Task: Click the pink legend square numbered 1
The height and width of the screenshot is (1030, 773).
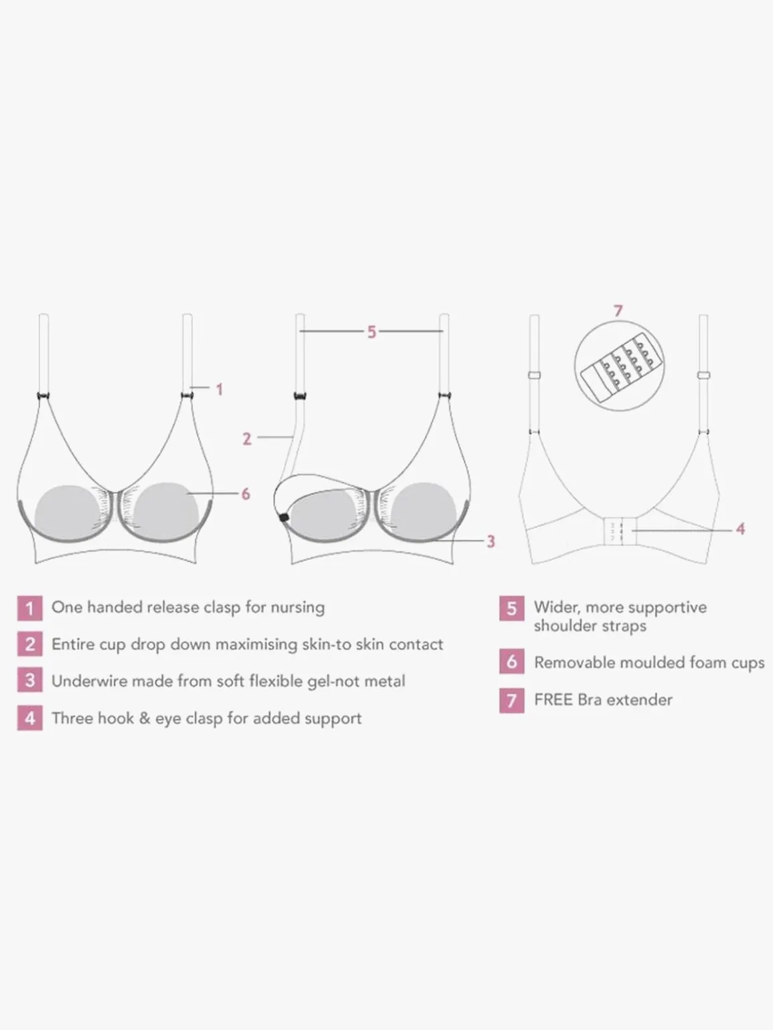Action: click(29, 608)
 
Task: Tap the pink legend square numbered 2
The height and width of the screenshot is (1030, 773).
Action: click(29, 644)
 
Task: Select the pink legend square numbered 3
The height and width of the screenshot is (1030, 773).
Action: click(29, 680)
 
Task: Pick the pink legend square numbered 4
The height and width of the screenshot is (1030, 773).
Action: click(29, 718)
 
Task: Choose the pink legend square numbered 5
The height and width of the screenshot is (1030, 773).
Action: click(512, 608)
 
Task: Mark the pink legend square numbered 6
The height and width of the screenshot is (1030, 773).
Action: click(512, 662)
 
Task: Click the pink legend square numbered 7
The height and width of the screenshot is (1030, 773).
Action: click(512, 700)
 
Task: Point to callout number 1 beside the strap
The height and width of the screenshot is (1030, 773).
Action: click(219, 389)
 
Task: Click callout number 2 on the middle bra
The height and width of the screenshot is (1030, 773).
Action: click(247, 439)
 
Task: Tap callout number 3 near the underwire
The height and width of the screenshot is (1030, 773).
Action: click(490, 541)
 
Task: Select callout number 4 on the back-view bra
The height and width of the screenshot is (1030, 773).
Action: click(740, 529)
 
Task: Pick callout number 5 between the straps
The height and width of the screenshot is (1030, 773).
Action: click(371, 332)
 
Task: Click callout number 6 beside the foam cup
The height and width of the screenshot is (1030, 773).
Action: click(246, 494)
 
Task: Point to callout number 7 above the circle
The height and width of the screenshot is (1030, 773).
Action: click(618, 311)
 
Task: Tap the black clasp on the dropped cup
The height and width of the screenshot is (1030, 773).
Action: click(283, 518)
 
